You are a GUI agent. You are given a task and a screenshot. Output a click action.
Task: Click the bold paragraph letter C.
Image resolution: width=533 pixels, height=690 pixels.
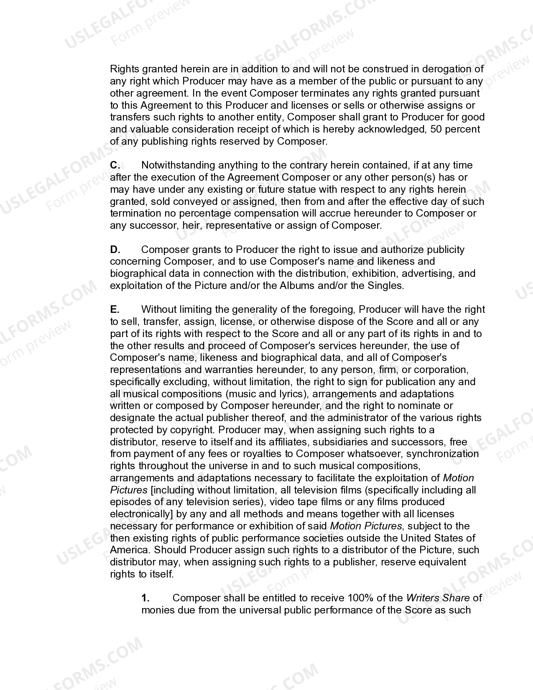click(115, 165)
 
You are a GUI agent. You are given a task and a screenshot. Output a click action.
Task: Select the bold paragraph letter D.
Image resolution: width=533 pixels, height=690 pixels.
click(115, 250)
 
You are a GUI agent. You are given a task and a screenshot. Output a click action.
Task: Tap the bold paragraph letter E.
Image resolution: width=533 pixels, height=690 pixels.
click(115, 309)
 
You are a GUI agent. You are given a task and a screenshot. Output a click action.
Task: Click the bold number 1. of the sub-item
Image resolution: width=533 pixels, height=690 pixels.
click(145, 598)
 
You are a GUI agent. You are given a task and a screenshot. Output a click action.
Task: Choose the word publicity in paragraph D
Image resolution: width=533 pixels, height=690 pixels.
click(445, 250)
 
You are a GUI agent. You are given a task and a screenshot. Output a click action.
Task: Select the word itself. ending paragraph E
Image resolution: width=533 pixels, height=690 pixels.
click(162, 574)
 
